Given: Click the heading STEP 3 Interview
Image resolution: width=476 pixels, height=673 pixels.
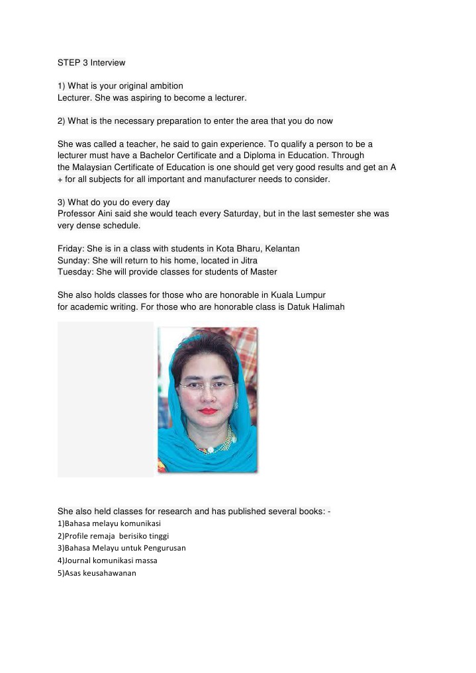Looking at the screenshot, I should [91, 63].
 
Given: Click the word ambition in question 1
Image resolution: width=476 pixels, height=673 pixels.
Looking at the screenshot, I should [166, 86].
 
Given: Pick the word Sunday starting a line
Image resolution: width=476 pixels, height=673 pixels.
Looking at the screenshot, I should [71, 261].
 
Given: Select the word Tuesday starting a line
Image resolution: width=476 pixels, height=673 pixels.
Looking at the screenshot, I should [73, 272].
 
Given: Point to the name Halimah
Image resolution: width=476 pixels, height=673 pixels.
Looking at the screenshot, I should [328, 307].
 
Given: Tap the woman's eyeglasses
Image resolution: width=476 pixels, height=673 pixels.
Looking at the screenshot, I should [206, 384].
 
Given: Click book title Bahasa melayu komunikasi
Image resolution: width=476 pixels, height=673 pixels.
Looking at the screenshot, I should [109, 523].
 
